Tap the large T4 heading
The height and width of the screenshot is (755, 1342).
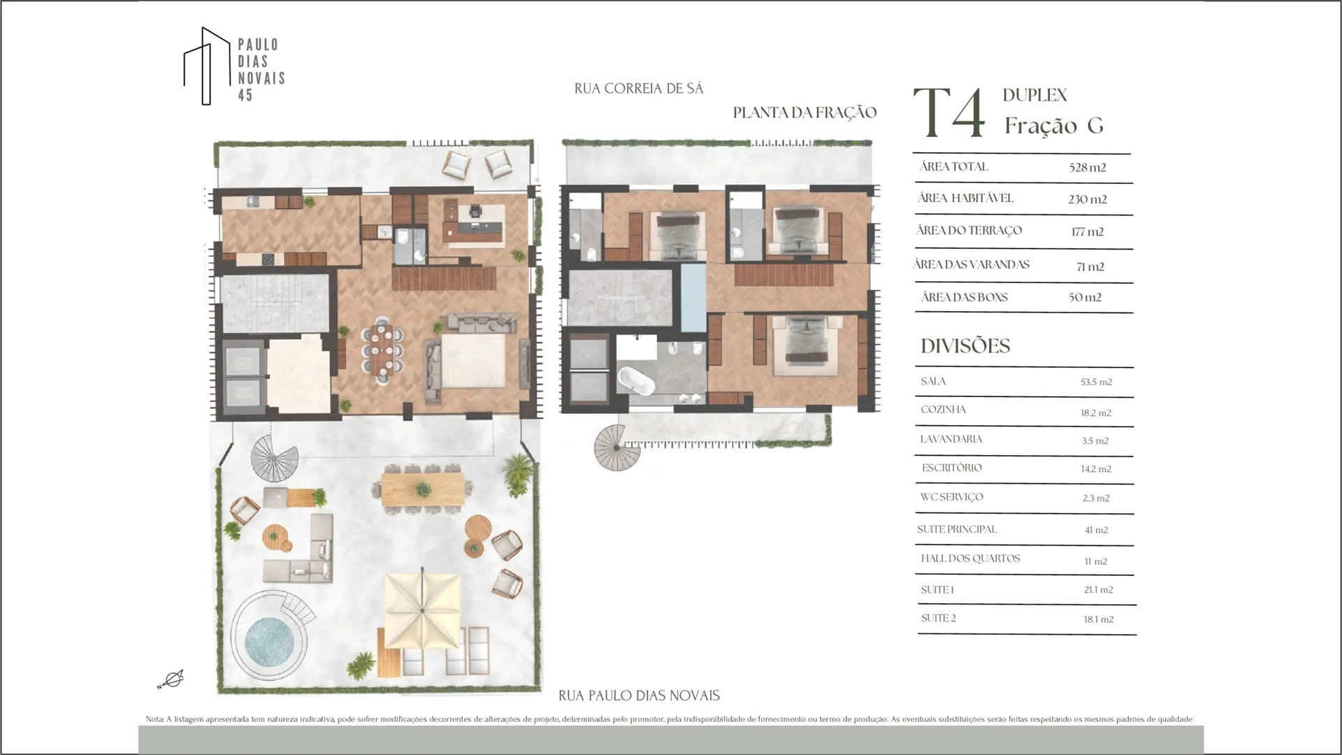pos(948,113)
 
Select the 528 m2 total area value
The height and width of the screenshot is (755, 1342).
pos(1088,167)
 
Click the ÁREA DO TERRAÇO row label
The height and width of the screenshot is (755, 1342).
pos(969,231)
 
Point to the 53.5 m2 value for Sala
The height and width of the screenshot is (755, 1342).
pos(1096,382)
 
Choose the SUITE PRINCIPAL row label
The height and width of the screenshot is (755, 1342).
pos(957,529)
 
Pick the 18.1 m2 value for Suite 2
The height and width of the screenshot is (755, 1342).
pos(1098,619)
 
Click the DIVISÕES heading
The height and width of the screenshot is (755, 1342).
pos(965,346)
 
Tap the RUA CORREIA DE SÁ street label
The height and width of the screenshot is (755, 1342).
pos(639,89)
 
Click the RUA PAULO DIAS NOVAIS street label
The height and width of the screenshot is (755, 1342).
pos(639,696)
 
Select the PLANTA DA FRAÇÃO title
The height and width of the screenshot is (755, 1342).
pos(805,113)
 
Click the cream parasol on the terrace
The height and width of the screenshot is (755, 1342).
pos(422,610)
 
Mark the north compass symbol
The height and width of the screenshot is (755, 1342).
pos(171,679)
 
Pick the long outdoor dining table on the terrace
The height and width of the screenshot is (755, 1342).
pos(423,487)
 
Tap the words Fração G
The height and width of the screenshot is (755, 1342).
pos(1054,126)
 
